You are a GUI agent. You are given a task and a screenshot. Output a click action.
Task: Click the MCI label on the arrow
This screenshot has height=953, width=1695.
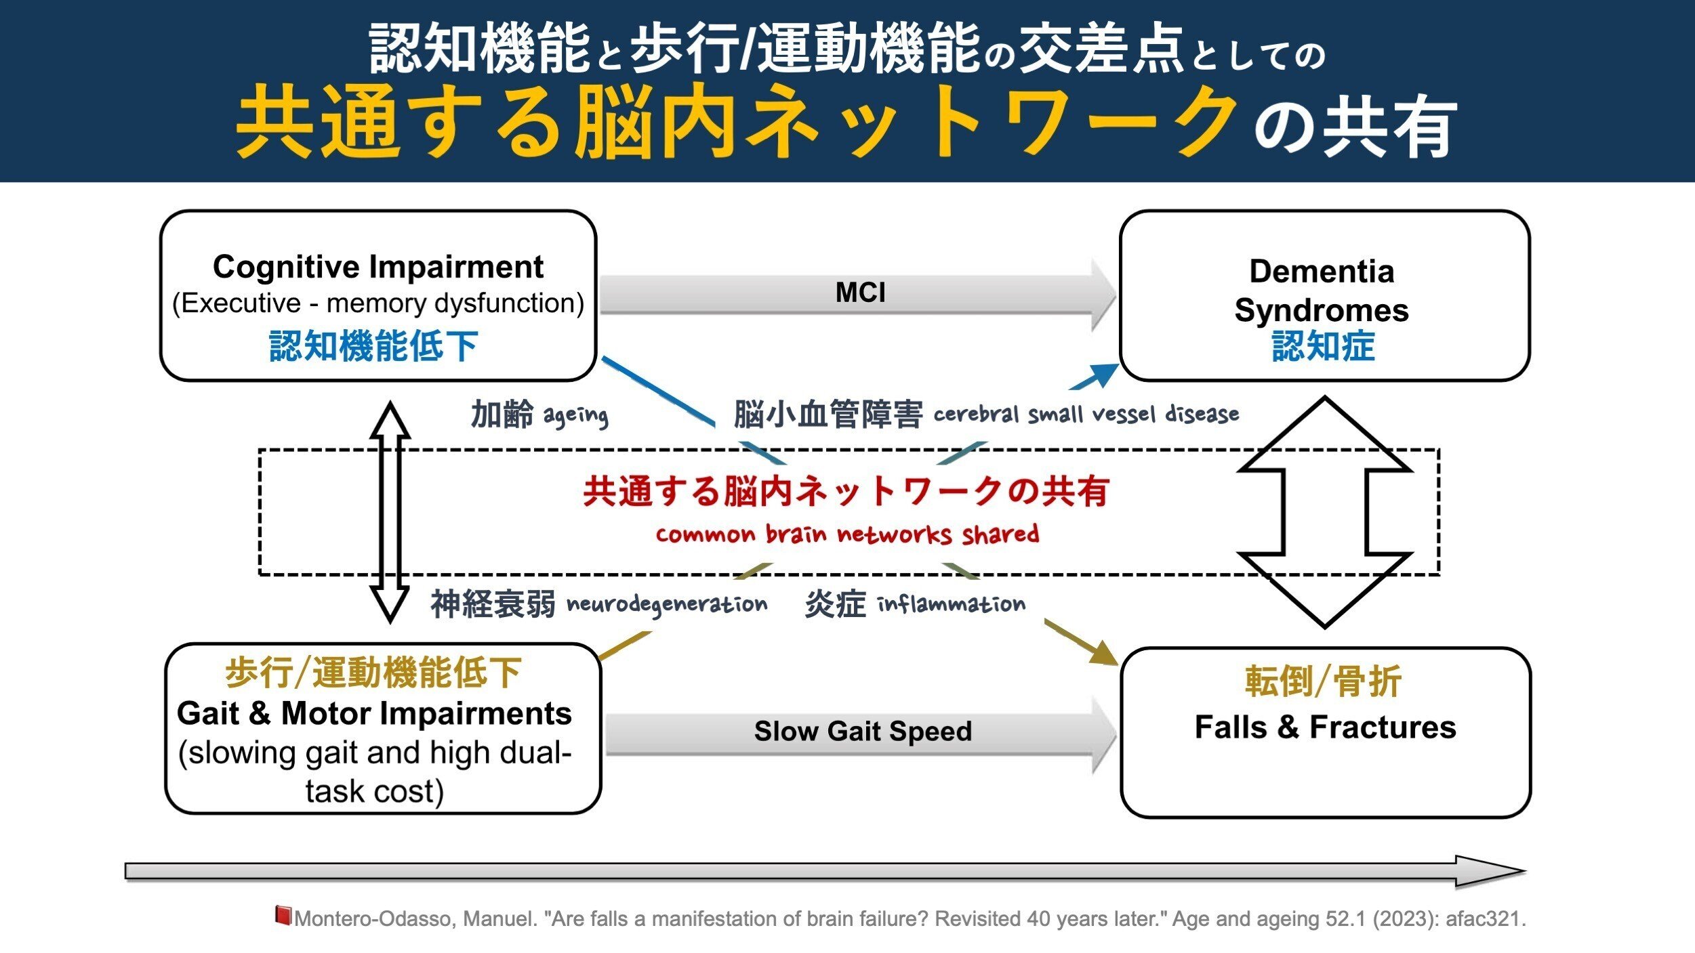tap(860, 293)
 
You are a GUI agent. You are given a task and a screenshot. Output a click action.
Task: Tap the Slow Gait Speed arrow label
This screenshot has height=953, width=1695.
tap(863, 732)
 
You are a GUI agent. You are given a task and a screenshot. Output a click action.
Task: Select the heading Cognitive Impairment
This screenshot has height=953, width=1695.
tap(377, 267)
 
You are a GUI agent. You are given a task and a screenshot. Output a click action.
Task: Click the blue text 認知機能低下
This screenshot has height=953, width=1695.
tap(373, 345)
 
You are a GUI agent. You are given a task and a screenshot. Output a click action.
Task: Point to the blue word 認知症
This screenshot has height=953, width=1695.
tap(1323, 345)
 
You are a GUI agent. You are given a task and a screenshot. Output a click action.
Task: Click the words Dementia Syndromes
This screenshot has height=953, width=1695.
tap(1322, 291)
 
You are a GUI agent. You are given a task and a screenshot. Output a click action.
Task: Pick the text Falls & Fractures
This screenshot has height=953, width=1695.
tap(1325, 727)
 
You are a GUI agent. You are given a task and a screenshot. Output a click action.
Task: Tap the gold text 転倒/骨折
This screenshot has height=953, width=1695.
tap(1323, 681)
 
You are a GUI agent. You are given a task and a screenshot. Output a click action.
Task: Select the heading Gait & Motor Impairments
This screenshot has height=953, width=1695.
tap(374, 714)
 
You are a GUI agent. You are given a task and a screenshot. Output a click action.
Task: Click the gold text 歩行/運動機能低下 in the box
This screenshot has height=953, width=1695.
tap(373, 673)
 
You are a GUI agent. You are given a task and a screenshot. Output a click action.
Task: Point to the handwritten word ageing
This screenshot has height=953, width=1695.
tap(575, 415)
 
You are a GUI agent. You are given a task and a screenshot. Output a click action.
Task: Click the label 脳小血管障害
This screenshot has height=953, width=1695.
tap(828, 415)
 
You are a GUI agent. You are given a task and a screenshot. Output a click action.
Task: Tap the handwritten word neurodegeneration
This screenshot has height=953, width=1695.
tap(667, 605)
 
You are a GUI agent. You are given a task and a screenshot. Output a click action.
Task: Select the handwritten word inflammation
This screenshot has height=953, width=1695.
tap(952, 604)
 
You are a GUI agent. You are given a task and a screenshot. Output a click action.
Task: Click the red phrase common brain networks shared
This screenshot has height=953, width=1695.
tap(847, 534)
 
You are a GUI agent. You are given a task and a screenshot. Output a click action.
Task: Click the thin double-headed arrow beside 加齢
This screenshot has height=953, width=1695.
tap(390, 511)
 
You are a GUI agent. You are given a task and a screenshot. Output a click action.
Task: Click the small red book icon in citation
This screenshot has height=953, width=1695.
tap(283, 915)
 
